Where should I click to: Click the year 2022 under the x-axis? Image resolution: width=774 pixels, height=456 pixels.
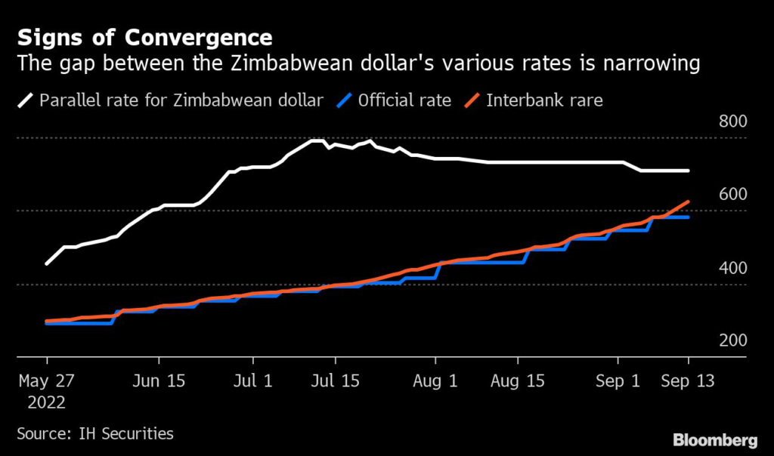click(x=47, y=402)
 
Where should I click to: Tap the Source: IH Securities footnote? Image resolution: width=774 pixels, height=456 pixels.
click(x=95, y=433)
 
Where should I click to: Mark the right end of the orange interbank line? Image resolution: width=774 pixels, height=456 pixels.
click(x=688, y=202)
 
